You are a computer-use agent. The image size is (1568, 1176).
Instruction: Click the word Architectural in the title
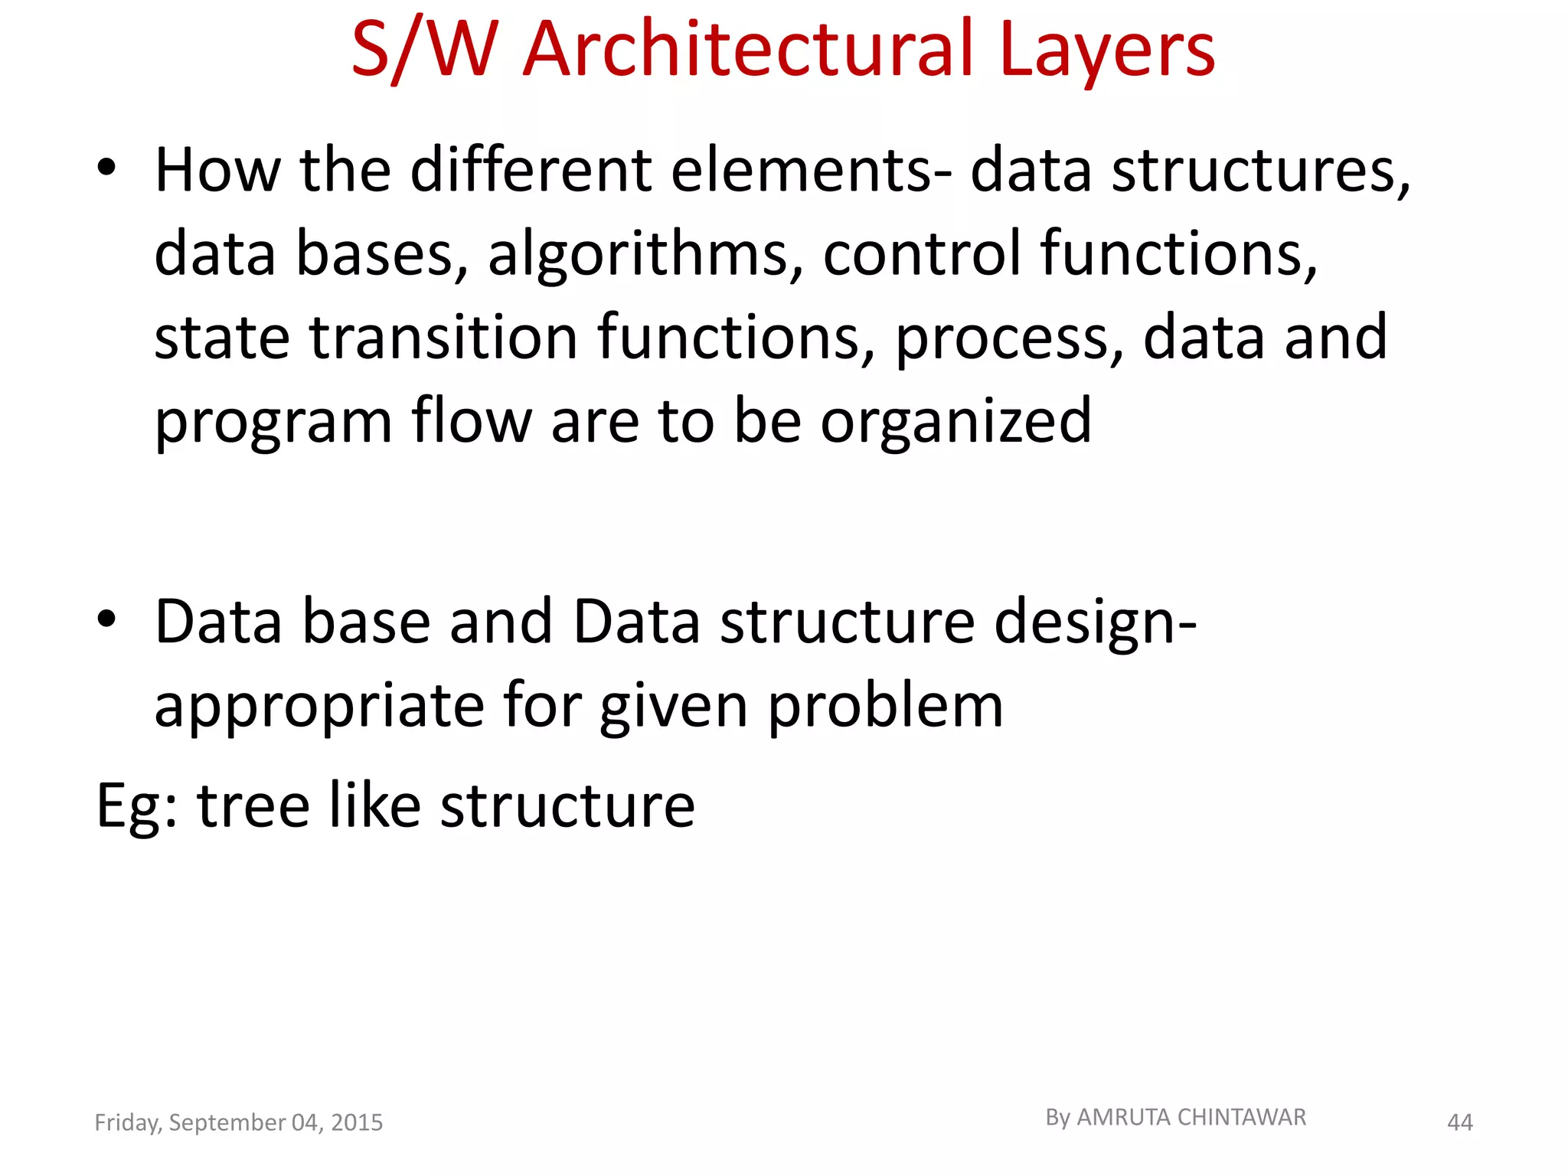click(749, 50)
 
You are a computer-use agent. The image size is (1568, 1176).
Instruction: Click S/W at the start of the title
click(425, 50)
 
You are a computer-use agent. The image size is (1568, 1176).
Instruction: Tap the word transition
click(444, 338)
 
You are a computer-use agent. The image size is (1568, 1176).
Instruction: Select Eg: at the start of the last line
click(137, 806)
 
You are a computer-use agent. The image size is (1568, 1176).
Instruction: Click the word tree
click(253, 806)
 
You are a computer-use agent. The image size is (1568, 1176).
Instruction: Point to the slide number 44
click(1459, 1122)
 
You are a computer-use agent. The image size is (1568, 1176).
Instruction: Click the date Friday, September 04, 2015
click(238, 1122)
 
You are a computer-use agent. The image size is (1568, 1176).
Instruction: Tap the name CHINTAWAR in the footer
click(1241, 1118)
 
